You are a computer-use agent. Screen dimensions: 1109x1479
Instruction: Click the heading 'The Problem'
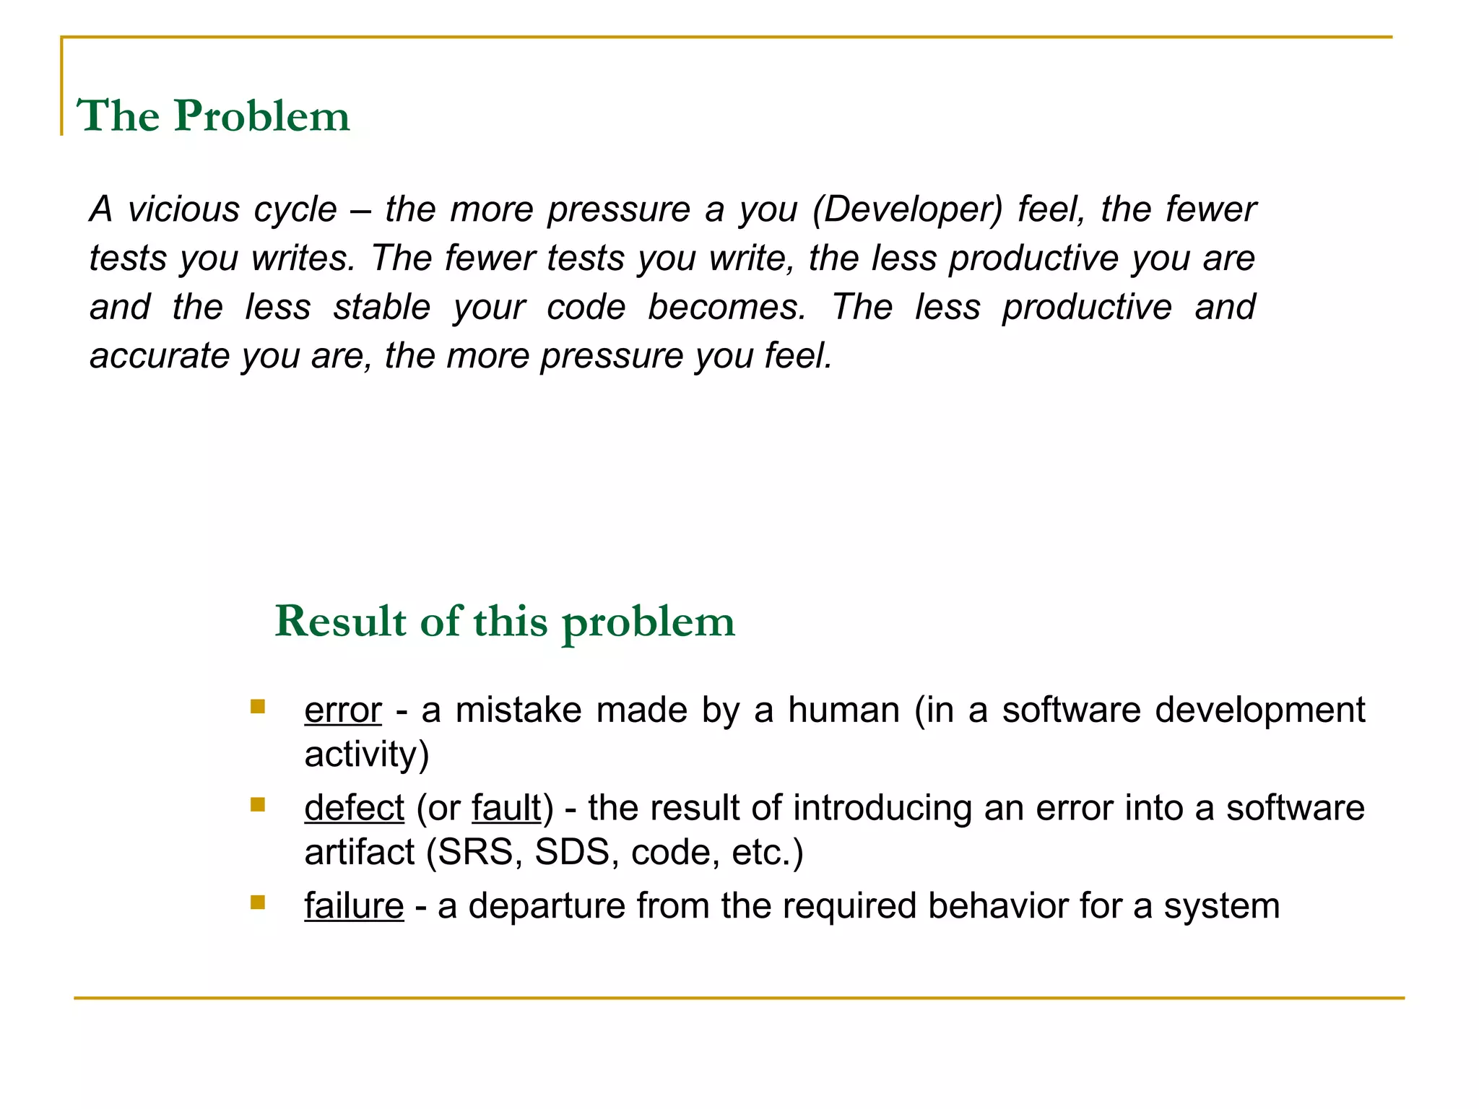pyautogui.click(x=213, y=116)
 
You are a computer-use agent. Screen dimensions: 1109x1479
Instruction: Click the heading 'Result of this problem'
pyautogui.click(x=505, y=621)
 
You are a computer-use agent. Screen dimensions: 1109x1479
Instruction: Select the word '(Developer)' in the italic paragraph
pyautogui.click(x=908, y=209)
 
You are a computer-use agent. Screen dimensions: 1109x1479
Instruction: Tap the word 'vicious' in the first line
pyautogui.click(x=183, y=209)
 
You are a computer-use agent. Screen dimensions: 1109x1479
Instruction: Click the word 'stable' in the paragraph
pyautogui.click(x=382, y=307)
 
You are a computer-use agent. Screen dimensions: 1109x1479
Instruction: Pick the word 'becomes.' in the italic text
pyautogui.click(x=727, y=307)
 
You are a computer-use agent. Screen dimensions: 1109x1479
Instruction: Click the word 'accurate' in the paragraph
pyautogui.click(x=159, y=356)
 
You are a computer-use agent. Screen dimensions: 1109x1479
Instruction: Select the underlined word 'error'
pyautogui.click(x=343, y=710)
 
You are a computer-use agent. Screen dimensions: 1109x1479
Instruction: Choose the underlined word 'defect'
pyautogui.click(x=354, y=808)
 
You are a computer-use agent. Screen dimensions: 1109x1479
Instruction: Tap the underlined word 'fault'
pyautogui.click(x=506, y=808)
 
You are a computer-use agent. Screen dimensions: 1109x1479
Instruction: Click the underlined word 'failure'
pyautogui.click(x=354, y=906)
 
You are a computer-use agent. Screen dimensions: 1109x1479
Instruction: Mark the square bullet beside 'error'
pyautogui.click(x=258, y=706)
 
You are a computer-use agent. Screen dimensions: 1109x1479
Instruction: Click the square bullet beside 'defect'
pyautogui.click(x=258, y=804)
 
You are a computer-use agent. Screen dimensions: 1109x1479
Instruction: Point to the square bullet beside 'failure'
pyautogui.click(x=258, y=902)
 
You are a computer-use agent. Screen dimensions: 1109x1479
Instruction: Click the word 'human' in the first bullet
pyautogui.click(x=843, y=710)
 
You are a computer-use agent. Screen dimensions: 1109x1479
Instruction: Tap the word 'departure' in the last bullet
pyautogui.click(x=547, y=906)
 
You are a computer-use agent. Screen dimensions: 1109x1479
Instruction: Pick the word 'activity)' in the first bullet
pyautogui.click(x=367, y=754)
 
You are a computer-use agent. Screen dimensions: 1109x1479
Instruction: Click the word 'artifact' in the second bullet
pyautogui.click(x=359, y=853)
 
